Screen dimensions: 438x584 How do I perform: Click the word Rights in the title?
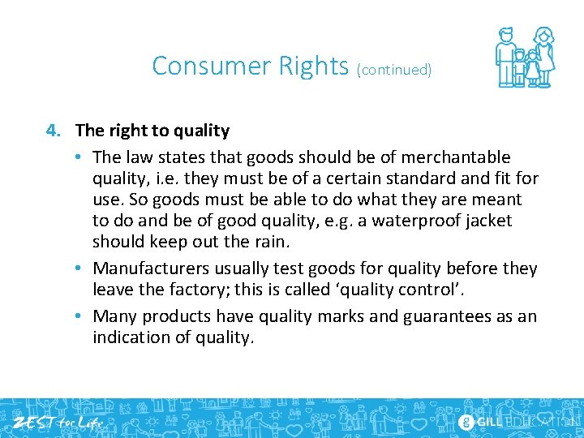pos(312,65)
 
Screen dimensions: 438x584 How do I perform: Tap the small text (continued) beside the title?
pos(394,70)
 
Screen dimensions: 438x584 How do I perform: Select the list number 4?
pos(52,131)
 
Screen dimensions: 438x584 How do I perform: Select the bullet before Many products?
pos(84,316)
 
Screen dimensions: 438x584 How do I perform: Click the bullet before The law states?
pos(84,157)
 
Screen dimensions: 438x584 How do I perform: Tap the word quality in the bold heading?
pos(203,131)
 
